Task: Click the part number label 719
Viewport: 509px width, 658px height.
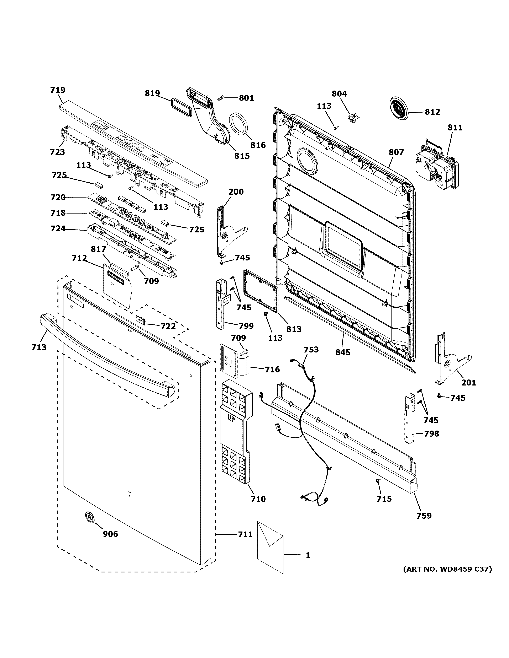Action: tap(58, 90)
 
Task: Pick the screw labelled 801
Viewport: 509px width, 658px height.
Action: tap(220, 98)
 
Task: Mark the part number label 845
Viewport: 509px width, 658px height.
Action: tap(343, 352)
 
